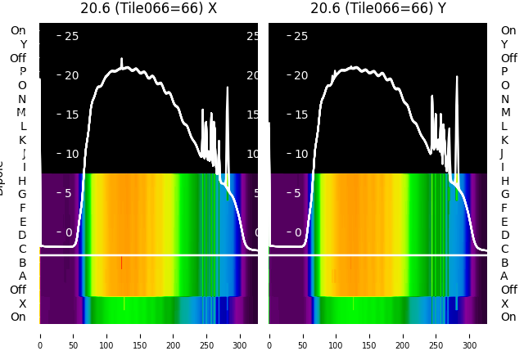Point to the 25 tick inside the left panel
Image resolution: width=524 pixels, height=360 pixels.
[71, 36]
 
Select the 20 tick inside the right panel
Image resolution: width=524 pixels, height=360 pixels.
[301, 75]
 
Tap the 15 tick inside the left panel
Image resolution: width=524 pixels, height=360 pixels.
[71, 115]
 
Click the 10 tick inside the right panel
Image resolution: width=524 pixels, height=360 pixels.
[301, 154]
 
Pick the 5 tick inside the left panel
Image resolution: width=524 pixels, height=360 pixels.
[71, 193]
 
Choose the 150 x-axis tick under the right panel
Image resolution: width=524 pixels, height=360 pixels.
[369, 335]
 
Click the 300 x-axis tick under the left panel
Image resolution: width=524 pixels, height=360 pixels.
[240, 335]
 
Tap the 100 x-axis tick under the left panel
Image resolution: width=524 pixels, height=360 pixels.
[106, 335]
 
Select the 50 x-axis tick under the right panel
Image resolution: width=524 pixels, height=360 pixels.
[302, 335]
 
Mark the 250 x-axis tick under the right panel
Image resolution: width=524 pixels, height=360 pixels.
[436, 335]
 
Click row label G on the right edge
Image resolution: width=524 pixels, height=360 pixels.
[505, 195]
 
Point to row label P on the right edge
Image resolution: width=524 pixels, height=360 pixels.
[505, 72]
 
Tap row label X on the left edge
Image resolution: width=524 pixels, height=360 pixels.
[23, 304]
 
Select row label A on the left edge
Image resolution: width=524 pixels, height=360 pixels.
[23, 277]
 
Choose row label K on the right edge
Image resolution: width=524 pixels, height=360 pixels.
[505, 140]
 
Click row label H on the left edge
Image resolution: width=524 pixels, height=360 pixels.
[23, 181]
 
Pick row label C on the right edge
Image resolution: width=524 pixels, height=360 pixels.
[505, 249]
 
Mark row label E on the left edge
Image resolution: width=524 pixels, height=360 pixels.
[23, 222]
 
